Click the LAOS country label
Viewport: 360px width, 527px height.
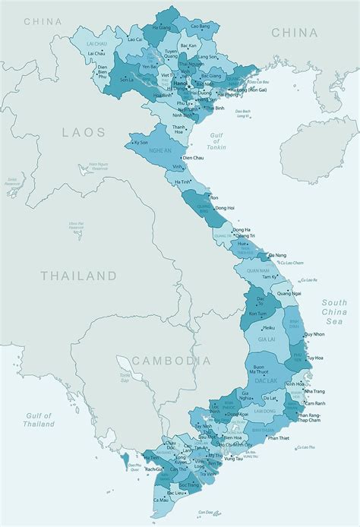pos(84,132)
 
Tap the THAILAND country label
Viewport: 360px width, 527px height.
pos(80,276)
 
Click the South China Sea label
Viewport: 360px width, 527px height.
pos(333,311)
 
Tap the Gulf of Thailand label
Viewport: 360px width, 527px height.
pos(37,420)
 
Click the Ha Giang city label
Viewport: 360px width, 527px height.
pos(163,27)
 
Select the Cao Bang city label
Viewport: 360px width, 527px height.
pos(200,27)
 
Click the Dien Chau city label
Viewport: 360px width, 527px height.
pos(193,157)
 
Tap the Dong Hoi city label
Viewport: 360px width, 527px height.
pos(224,207)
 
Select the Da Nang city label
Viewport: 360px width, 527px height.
pos(278,255)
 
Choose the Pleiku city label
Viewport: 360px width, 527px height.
pos(268,328)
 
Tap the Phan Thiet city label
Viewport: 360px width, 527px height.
pos(280,438)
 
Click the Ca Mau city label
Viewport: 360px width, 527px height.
pos(161,500)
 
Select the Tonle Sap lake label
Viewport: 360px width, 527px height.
pos(125,376)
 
